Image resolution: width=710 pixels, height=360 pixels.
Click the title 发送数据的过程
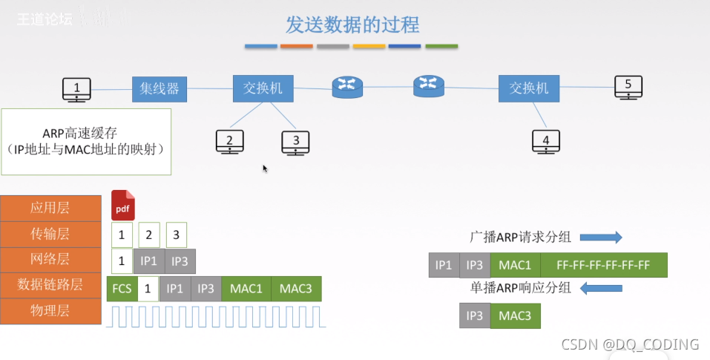pyautogui.click(x=352, y=24)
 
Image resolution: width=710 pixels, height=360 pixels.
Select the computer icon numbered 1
pyautogui.click(x=76, y=90)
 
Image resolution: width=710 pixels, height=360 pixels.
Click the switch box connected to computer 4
pyautogui.click(x=528, y=88)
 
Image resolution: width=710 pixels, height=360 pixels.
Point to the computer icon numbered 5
pyautogui.click(x=628, y=87)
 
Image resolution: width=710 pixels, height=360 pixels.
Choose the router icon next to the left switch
pyautogui.click(x=346, y=88)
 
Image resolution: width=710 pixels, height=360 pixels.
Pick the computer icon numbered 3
pyautogui.click(x=295, y=142)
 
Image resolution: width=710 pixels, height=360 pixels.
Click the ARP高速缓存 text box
pyautogui.click(x=86, y=142)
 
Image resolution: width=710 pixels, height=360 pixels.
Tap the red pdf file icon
pyautogui.click(x=122, y=206)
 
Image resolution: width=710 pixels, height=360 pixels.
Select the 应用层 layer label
pyautogui.click(x=51, y=208)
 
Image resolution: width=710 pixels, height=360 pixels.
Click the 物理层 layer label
pyautogui.click(x=51, y=311)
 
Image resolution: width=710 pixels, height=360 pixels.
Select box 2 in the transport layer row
pyautogui.click(x=148, y=235)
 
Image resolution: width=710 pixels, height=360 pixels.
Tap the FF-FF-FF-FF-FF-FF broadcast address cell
pyautogui.click(x=603, y=265)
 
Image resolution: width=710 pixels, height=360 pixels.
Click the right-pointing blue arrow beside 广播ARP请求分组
pyautogui.click(x=599, y=238)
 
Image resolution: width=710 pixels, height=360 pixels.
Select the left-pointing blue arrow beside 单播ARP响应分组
pyautogui.click(x=599, y=288)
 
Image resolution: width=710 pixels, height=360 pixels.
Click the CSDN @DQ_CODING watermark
pyautogui.click(x=629, y=344)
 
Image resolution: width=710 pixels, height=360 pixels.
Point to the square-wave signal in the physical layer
pyautogui.click(x=215, y=315)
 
